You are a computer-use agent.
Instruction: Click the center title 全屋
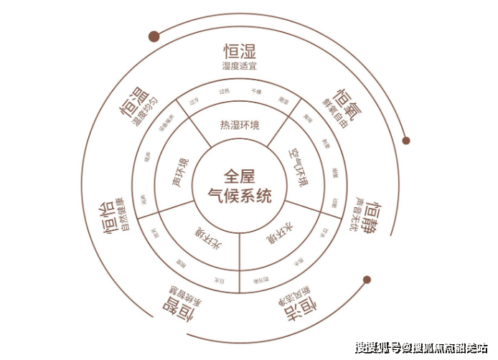238,175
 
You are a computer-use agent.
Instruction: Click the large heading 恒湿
239,52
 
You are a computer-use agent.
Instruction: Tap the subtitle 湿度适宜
239,66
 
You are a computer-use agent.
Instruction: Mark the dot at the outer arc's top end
153,37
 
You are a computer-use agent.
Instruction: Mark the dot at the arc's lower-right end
367,280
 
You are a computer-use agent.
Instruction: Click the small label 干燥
256,92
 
